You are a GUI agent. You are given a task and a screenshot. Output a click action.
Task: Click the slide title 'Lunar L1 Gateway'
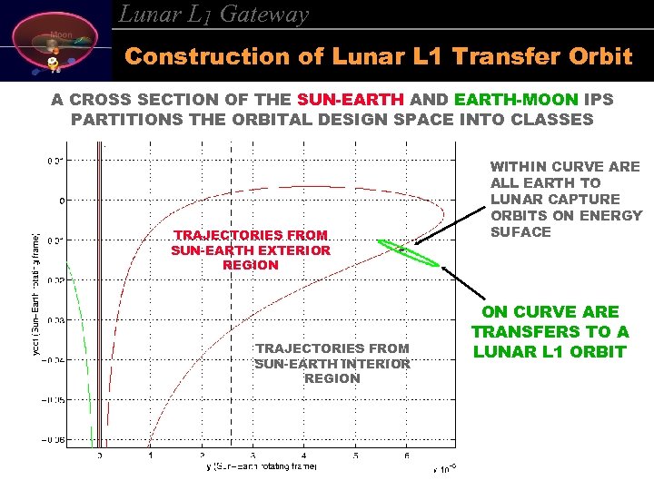(214, 15)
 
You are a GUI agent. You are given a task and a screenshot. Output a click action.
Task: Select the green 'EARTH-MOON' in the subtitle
(502, 99)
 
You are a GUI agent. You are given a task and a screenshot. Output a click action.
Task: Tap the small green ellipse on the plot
(408, 252)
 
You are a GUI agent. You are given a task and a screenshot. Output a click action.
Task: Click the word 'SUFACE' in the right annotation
(520, 231)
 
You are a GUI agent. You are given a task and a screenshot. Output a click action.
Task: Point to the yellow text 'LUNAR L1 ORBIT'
(549, 351)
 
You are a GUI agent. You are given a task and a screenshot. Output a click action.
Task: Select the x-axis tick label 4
(304, 456)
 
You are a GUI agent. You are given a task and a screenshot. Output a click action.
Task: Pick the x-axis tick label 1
(151, 456)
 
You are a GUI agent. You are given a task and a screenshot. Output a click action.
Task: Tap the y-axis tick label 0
(60, 200)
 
